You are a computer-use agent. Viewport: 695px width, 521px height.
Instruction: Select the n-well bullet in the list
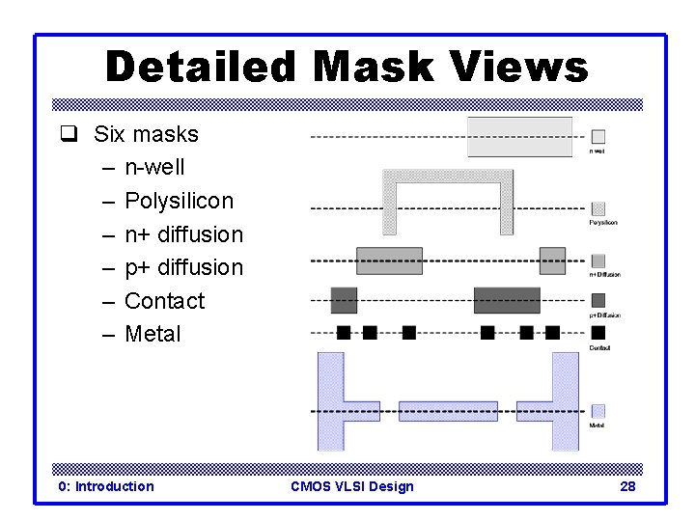[154, 168]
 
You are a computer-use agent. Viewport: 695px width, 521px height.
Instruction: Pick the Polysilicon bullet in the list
[179, 201]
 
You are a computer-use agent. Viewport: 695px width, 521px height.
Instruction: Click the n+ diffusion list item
[183, 234]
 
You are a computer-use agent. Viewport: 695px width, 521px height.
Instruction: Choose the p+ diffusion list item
[183, 267]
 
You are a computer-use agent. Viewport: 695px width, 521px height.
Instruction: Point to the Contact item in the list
[164, 301]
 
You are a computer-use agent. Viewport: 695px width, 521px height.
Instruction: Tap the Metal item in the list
[153, 334]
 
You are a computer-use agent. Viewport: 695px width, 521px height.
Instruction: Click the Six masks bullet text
[146, 134]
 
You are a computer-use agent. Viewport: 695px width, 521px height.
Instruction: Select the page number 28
[627, 486]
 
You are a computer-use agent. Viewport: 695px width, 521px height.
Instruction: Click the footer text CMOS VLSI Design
[351, 486]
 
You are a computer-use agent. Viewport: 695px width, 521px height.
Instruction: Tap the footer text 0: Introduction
[106, 486]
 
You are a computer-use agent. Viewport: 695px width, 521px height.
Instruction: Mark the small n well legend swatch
[598, 137]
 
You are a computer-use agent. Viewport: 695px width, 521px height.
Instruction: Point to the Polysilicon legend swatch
[598, 208]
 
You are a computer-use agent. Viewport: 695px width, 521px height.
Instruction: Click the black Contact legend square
[598, 333]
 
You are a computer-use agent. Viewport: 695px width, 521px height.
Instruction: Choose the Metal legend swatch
[598, 411]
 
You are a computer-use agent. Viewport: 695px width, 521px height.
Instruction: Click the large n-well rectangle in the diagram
[519, 137]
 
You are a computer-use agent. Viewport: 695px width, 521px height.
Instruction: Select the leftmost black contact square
[344, 333]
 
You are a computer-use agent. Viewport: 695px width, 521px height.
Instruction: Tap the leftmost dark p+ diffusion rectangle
[344, 300]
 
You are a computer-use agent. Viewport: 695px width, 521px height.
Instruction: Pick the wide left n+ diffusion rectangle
[389, 260]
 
